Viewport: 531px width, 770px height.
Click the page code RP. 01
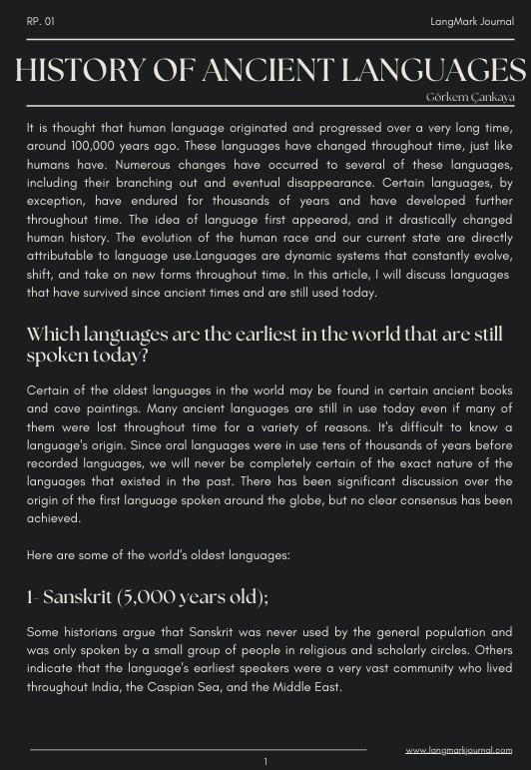(x=41, y=21)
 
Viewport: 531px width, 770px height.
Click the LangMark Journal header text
(x=471, y=21)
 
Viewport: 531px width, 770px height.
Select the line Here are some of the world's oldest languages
(x=159, y=555)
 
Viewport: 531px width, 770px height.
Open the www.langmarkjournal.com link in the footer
(x=458, y=750)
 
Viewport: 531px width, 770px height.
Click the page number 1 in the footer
(x=265, y=762)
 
